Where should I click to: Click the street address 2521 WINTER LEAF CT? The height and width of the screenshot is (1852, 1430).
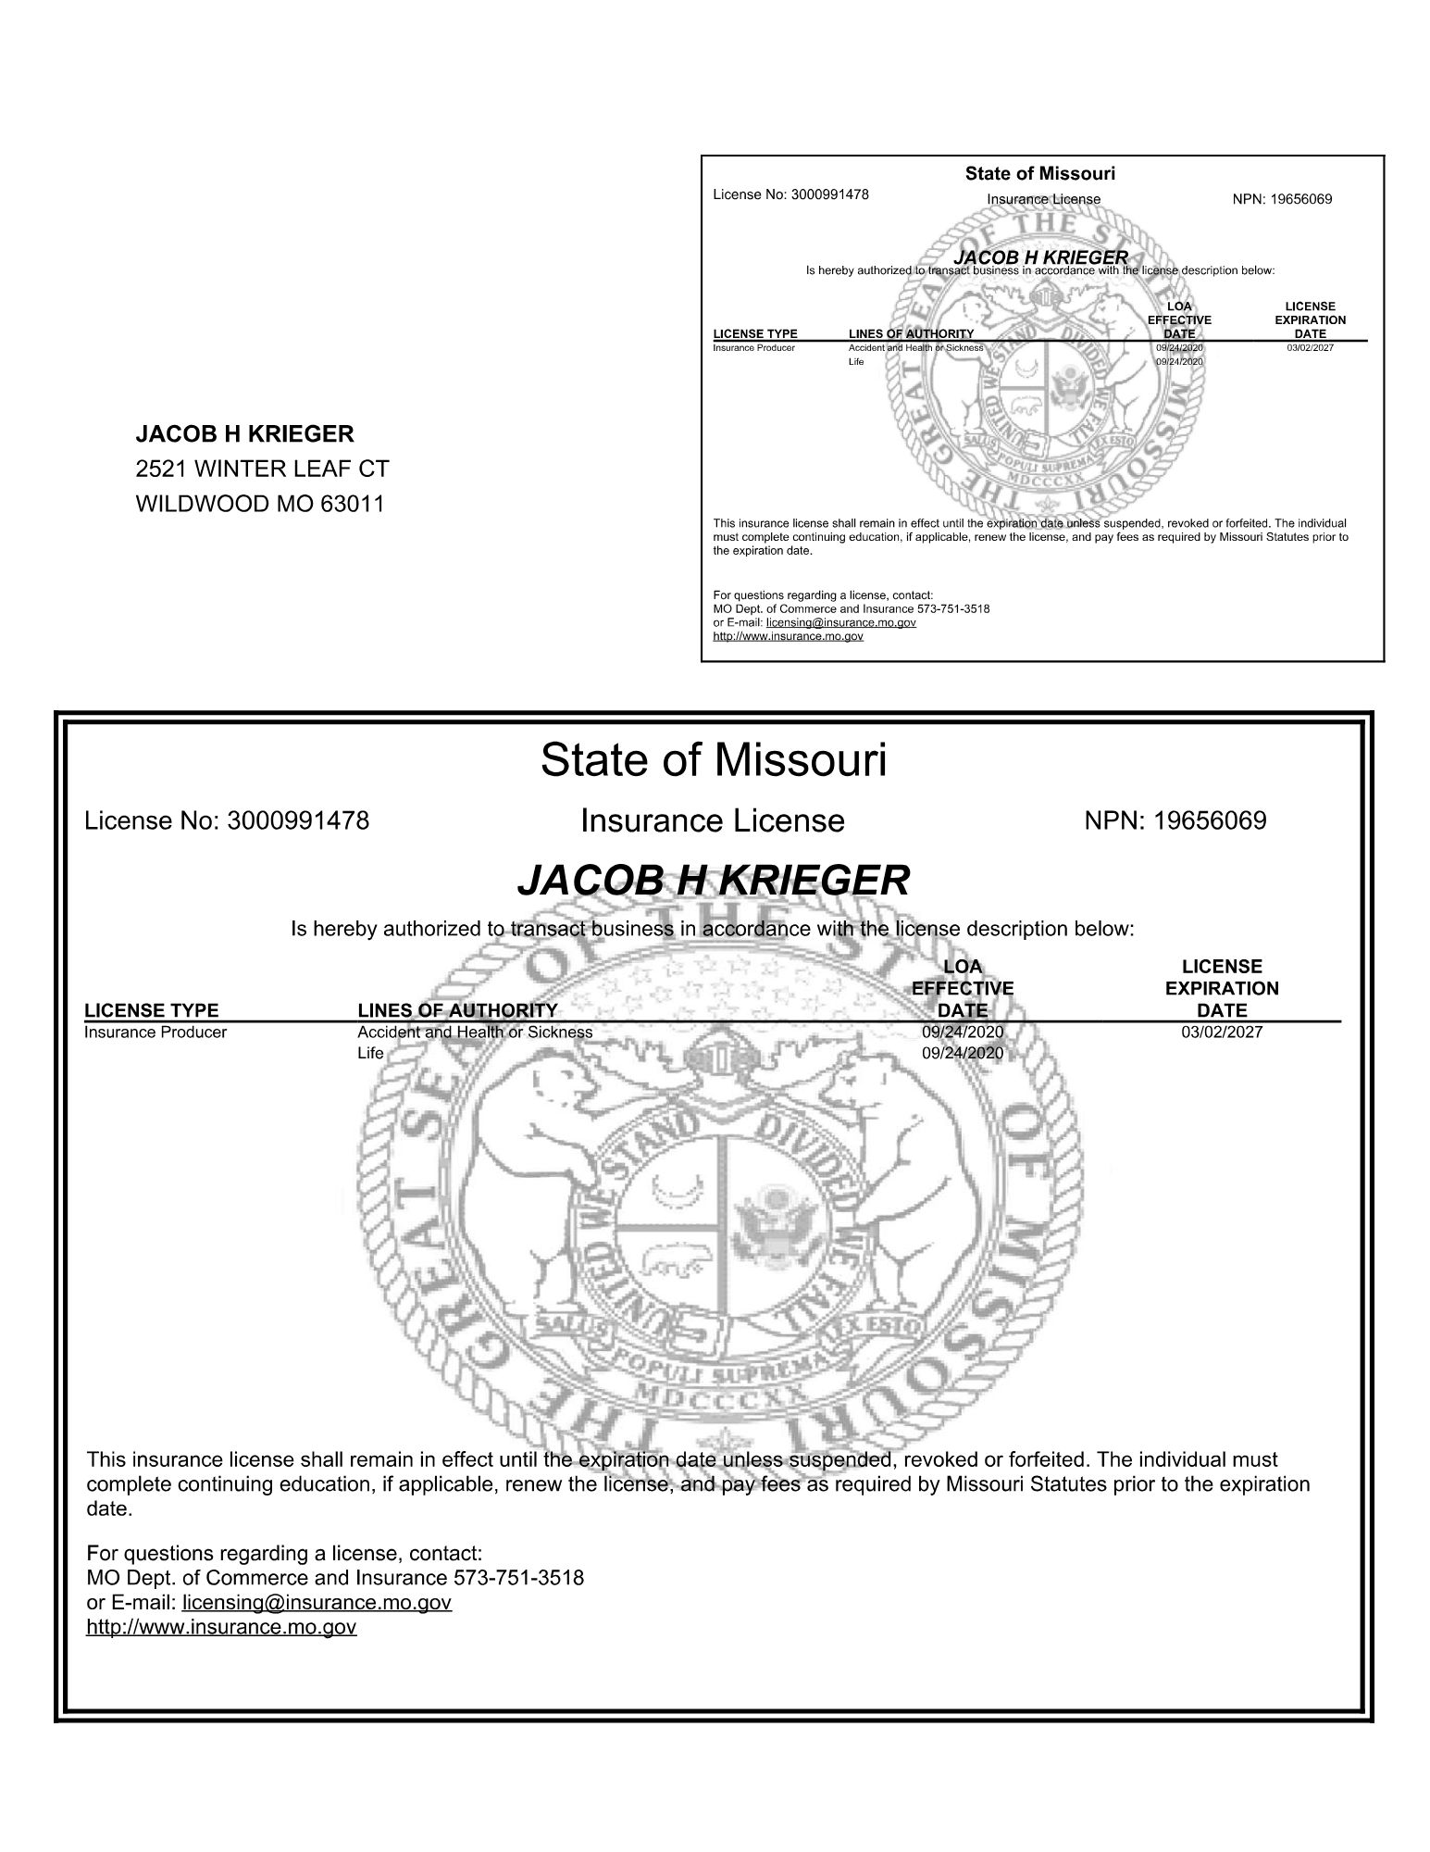click(x=262, y=469)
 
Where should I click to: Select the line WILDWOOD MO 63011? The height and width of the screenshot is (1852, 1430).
click(x=260, y=504)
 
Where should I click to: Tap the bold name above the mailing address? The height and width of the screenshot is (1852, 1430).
click(x=244, y=433)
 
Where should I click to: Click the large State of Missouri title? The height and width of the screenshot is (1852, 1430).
click(x=714, y=759)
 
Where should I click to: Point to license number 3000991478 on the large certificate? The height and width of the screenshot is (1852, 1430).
click(x=297, y=820)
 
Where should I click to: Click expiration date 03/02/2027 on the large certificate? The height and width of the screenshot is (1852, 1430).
click(x=1222, y=1032)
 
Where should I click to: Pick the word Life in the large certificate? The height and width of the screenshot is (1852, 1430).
click(x=370, y=1053)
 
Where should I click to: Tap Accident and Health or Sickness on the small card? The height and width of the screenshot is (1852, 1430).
click(x=915, y=348)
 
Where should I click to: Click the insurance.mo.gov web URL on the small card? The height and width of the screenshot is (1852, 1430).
click(x=788, y=636)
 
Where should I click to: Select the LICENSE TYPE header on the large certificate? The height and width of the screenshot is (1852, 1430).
click(x=152, y=1010)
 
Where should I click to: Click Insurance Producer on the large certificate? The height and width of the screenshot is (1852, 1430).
click(x=155, y=1032)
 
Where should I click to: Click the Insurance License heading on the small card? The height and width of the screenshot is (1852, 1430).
click(x=1043, y=199)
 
